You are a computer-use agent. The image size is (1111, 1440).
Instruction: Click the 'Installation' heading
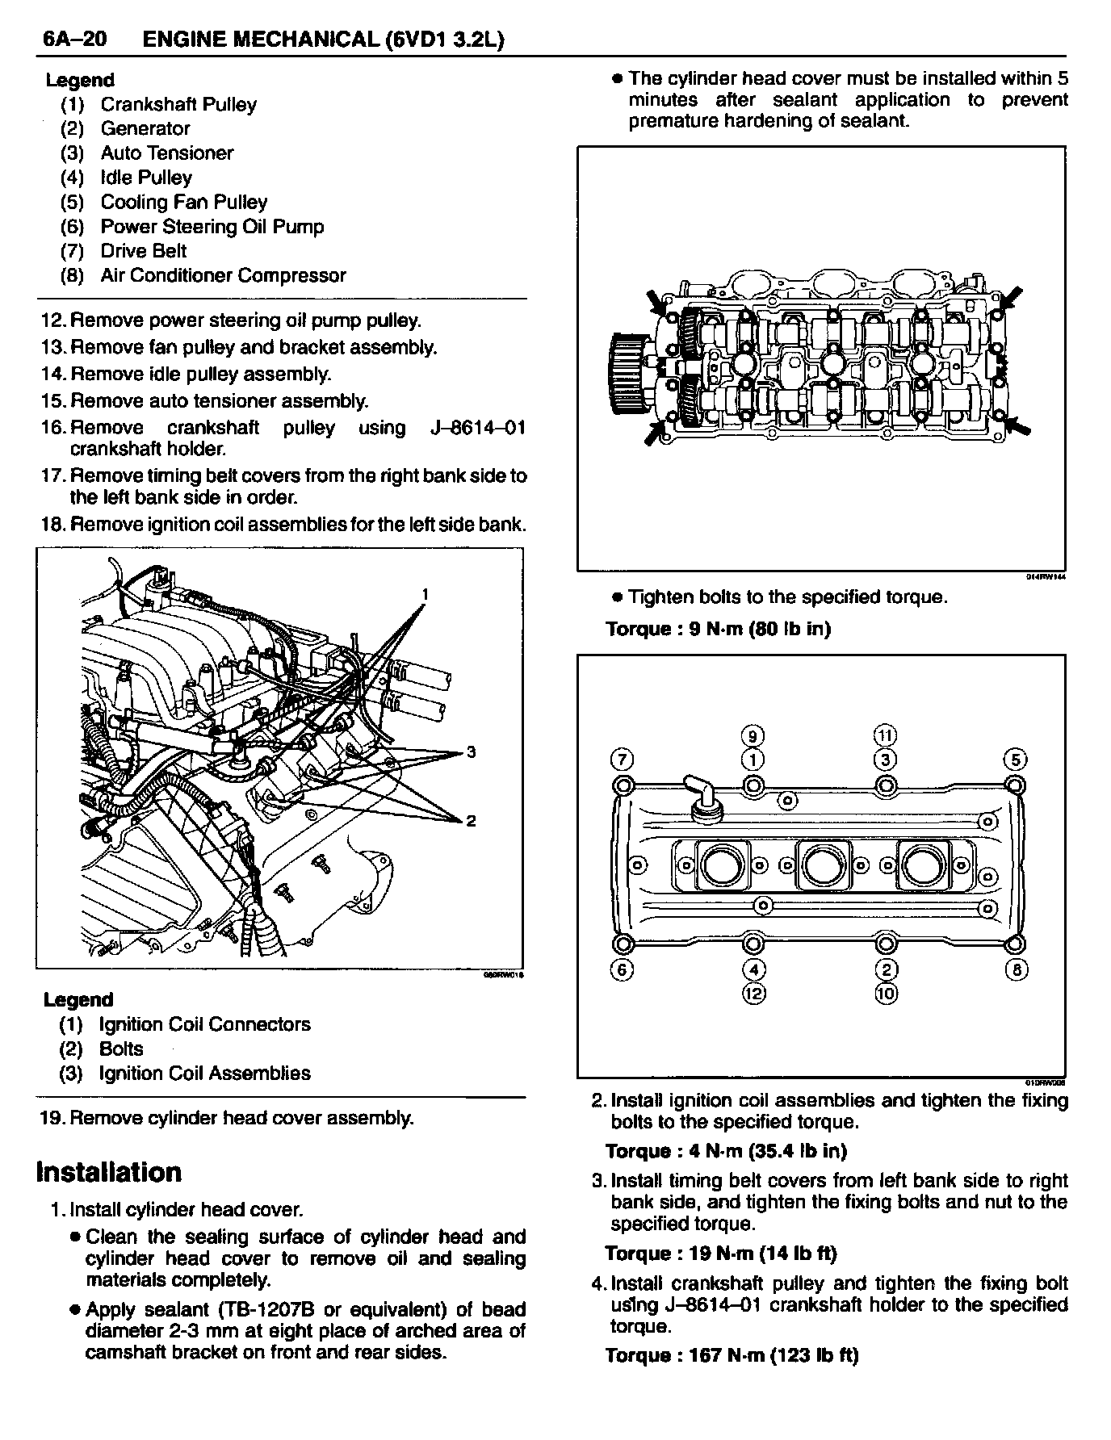pos(109,1171)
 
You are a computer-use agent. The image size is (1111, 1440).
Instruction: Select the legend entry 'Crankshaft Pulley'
pos(178,104)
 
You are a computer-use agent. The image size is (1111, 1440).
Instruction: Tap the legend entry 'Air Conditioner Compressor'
pos(223,275)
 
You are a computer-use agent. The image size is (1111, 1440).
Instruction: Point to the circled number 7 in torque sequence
pos(623,760)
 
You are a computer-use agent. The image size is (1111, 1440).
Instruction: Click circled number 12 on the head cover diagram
pos(753,993)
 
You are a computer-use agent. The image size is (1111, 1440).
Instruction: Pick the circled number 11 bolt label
pos(886,735)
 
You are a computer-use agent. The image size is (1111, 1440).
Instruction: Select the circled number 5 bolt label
pos(1015,760)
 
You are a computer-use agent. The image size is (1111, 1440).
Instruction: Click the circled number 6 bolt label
pos(623,969)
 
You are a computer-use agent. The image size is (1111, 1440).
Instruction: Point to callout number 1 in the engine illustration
pos(425,595)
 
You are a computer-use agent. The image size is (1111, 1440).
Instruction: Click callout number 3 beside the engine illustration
pos(472,752)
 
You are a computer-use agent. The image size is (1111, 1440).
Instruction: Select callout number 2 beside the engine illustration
pos(472,821)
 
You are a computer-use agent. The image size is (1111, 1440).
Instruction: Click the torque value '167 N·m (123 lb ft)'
pos(774,1355)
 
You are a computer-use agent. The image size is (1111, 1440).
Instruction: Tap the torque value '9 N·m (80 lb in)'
pos(760,628)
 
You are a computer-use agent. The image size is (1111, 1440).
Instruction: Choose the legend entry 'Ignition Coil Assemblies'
pos(204,1073)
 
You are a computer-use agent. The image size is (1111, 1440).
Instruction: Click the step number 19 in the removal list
pos(52,1118)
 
